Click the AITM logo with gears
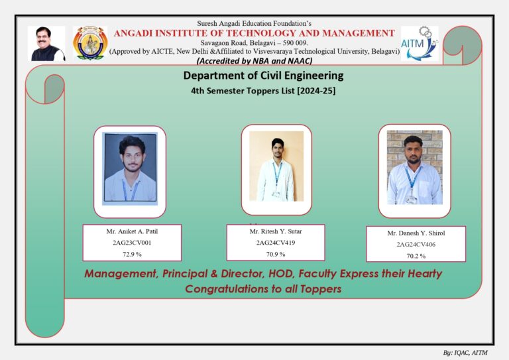(x=420, y=44)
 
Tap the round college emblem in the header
(x=90, y=43)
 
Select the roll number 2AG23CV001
(x=132, y=243)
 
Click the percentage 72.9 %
(x=132, y=254)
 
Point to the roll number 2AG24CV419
(x=276, y=243)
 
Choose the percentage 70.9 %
(x=276, y=254)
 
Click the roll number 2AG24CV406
(x=416, y=245)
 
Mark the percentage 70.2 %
(x=416, y=256)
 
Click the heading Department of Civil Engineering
(x=263, y=76)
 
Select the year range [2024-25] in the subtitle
(x=316, y=91)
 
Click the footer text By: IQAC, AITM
(x=465, y=353)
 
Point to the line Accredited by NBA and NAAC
(x=254, y=61)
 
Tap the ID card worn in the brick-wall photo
(x=412, y=200)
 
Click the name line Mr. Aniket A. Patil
(x=132, y=231)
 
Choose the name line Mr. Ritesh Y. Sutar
(x=276, y=231)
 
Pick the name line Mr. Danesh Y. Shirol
(x=416, y=233)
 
